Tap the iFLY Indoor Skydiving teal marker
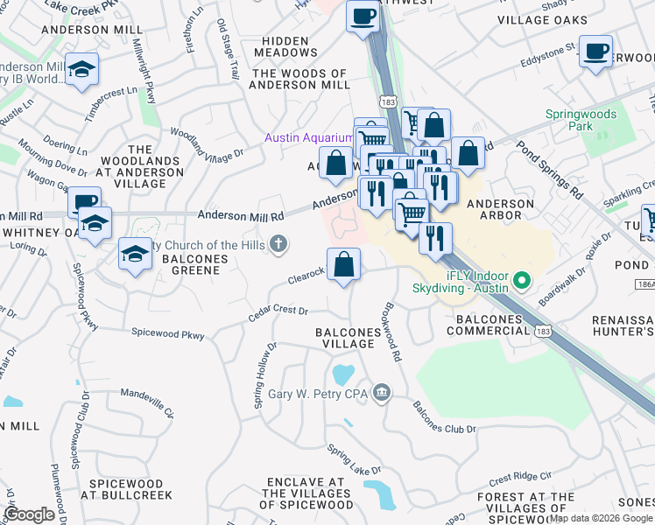coord(523,282)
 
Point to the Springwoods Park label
coord(581,121)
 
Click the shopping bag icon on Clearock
coord(344,265)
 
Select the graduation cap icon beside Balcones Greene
coord(134,255)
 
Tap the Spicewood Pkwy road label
coord(167,333)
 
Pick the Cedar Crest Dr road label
coord(278,311)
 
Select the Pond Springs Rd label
coord(548,167)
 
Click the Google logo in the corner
coord(29,514)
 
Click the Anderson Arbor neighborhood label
coord(500,210)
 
